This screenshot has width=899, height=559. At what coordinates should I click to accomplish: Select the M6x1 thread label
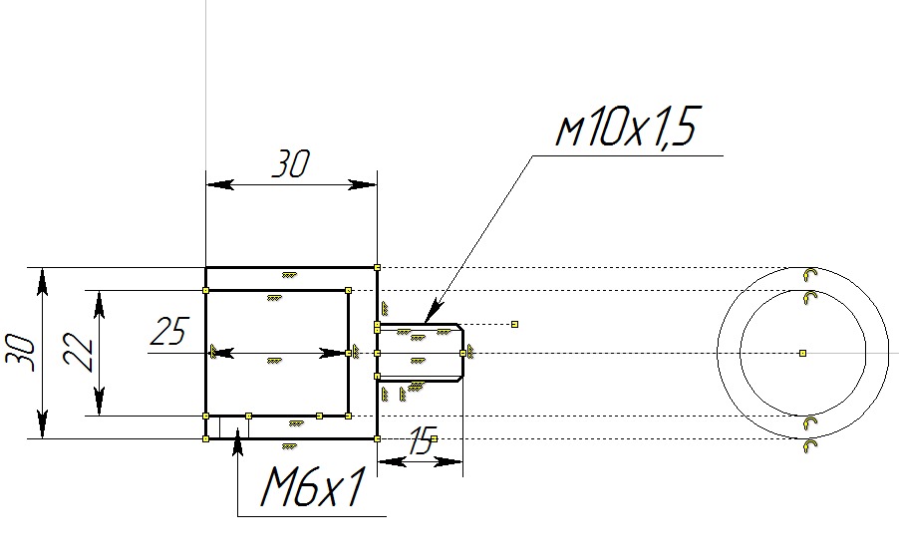click(x=310, y=488)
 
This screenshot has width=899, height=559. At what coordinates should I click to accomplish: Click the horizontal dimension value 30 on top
click(x=291, y=164)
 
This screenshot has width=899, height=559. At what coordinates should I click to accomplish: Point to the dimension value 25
click(x=170, y=331)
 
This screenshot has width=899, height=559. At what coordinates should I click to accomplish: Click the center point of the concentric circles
click(x=803, y=353)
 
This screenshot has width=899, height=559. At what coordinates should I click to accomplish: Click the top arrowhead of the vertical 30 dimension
click(x=42, y=276)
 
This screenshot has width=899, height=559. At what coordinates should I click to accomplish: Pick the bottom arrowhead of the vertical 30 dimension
click(x=42, y=429)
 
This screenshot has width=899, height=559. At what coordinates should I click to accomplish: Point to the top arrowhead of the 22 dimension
click(x=99, y=298)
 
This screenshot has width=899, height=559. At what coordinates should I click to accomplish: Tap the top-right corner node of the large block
click(x=377, y=267)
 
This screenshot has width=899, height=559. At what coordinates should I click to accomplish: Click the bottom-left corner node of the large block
click(x=205, y=438)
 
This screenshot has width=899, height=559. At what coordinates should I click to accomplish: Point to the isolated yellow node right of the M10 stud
click(x=514, y=324)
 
